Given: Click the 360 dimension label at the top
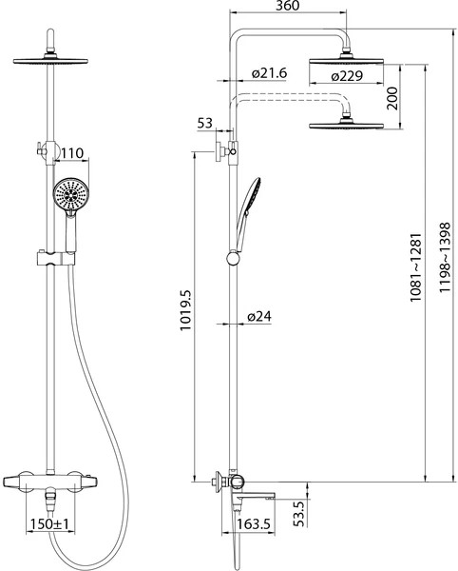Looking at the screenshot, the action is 287,6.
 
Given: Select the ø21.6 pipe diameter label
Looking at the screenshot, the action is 269,73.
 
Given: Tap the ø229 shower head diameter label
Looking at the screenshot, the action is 347,76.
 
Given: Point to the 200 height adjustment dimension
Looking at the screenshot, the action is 392,98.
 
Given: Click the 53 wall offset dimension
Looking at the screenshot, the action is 204,123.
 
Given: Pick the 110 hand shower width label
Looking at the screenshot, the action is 71,153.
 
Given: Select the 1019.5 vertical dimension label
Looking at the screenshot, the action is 185,310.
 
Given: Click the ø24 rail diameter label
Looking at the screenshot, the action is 259,316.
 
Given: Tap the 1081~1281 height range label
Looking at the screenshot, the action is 415,267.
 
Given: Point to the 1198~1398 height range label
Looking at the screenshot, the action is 445,258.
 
